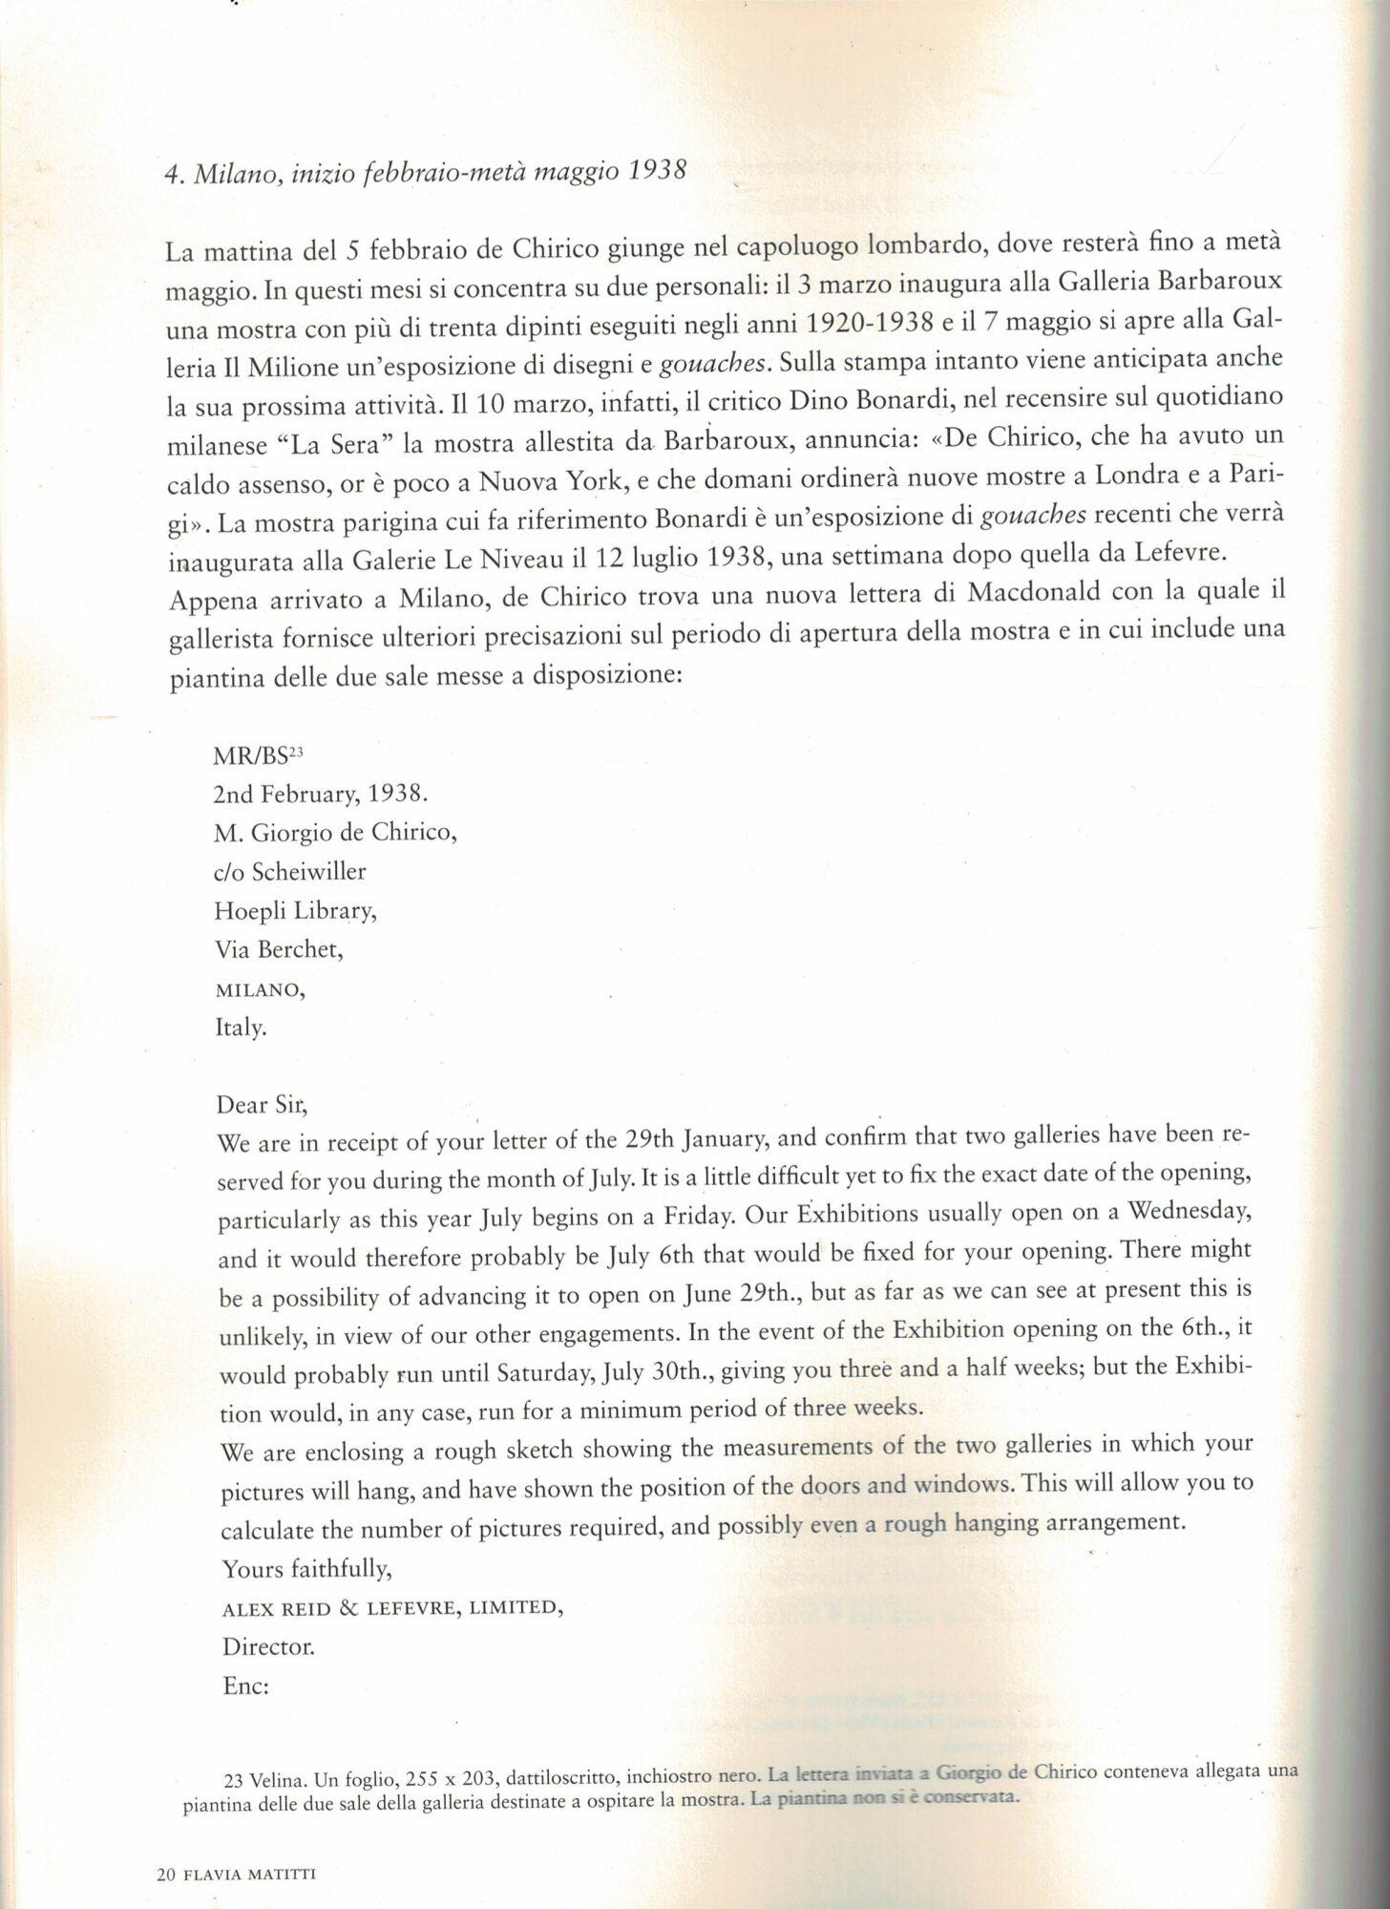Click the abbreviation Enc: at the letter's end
pyautogui.click(x=245, y=1686)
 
